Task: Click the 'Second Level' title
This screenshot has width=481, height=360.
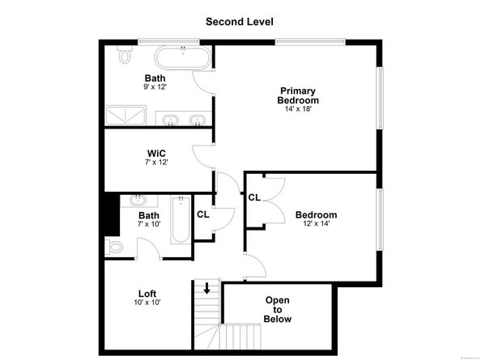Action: tap(240, 21)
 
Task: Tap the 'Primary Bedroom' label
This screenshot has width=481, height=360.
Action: tap(299, 95)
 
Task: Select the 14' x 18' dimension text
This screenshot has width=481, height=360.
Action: tap(299, 110)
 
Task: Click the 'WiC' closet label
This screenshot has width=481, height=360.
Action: tap(156, 153)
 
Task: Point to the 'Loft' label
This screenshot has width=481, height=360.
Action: tap(147, 294)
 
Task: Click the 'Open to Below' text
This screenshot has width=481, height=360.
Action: tap(277, 309)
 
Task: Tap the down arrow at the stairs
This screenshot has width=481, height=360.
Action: tap(207, 288)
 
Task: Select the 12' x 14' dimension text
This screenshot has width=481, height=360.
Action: tap(316, 224)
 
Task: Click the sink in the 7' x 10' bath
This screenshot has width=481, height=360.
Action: tap(138, 201)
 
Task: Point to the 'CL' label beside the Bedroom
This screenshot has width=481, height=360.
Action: tap(254, 197)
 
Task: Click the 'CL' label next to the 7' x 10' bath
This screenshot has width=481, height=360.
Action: tap(202, 214)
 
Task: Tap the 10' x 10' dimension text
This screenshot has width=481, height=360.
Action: tap(147, 303)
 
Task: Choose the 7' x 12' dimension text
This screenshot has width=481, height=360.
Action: tap(156, 162)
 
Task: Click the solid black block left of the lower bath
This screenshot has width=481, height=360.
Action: tap(112, 214)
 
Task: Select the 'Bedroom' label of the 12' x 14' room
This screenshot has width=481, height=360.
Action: tap(316, 215)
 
